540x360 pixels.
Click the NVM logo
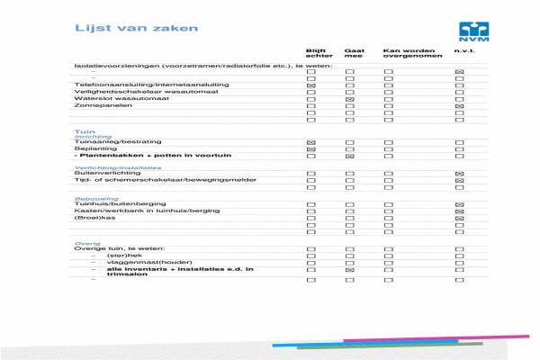click(472, 32)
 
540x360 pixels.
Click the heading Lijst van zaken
click(123, 29)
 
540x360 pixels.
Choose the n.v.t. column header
click(463, 50)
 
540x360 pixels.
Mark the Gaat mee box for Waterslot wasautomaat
click(350, 99)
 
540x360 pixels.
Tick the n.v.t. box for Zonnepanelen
click(460, 106)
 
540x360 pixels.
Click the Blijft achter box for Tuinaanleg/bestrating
click(312, 143)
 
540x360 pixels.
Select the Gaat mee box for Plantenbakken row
click(350, 157)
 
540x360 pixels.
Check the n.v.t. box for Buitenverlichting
click(460, 173)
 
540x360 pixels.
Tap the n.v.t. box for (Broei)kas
click(460, 218)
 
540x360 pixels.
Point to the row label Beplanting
click(90, 149)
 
